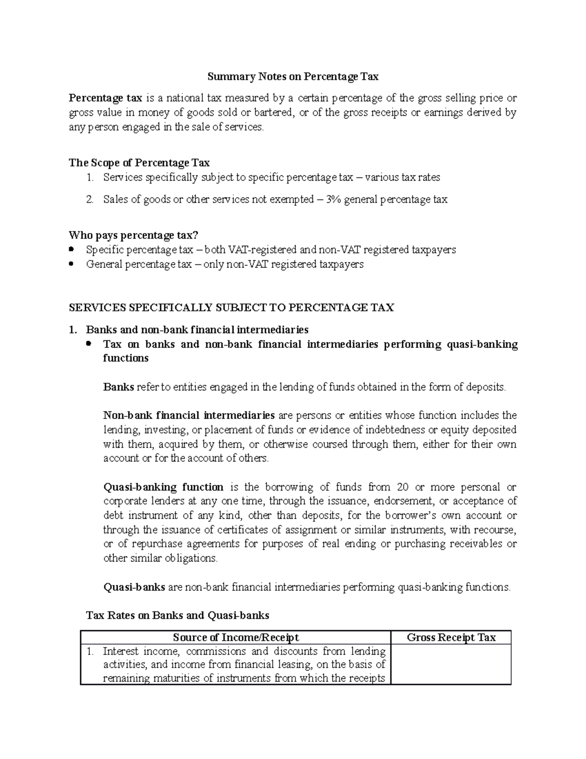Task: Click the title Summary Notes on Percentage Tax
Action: tap(293, 77)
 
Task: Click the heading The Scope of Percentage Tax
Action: tap(139, 163)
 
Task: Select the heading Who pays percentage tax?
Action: tap(134, 236)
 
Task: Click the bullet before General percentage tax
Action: tap(72, 264)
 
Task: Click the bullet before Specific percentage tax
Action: tap(72, 250)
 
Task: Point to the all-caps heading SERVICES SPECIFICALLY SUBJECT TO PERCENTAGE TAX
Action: tap(231, 307)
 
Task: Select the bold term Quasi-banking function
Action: tap(164, 487)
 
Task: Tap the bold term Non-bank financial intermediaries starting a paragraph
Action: tap(189, 415)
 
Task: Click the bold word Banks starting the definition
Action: tap(119, 387)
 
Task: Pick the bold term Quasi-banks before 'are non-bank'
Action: tap(134, 587)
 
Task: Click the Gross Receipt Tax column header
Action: tap(451, 637)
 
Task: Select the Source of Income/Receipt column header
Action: tap(236, 637)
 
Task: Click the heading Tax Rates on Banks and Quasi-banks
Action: tap(178, 615)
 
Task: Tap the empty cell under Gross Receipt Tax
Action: tap(451, 664)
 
